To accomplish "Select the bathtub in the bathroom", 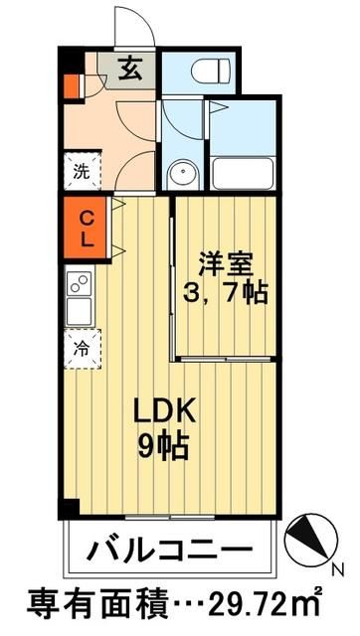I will (x=243, y=174).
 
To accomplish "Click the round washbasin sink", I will (x=182, y=174).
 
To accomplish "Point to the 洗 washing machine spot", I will (x=80, y=169).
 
